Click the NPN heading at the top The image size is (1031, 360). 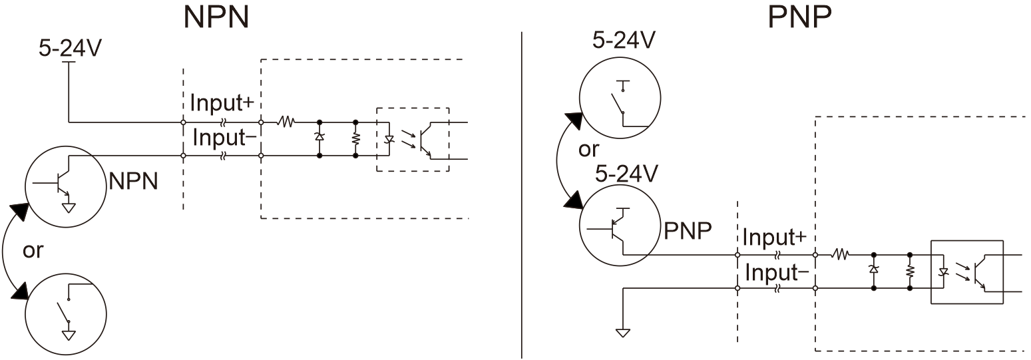(216, 17)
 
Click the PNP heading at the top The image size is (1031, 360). (800, 17)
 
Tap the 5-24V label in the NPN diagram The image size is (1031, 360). (70, 48)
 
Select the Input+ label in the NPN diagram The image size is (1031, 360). (222, 102)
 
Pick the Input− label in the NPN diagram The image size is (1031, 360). (224, 137)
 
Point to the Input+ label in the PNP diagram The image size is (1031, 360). (775, 237)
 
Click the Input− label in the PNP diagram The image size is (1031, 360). (777, 272)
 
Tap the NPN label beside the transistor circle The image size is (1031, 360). (134, 182)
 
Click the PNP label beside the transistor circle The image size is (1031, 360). (688, 230)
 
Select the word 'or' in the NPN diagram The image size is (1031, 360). (33, 250)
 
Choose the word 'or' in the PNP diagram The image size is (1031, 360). (589, 149)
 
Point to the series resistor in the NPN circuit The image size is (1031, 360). (286, 122)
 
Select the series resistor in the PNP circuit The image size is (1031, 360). (841, 254)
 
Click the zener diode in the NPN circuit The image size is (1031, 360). (319, 136)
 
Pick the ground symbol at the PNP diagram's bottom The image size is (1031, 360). (623, 332)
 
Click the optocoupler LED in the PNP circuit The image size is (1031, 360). (943, 271)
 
